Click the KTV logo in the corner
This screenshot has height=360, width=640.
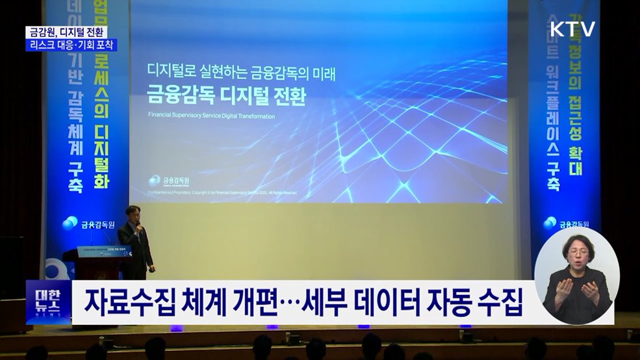click(572, 29)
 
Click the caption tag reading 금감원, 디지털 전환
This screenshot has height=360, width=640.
click(67, 32)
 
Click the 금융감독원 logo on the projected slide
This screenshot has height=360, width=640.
click(168, 181)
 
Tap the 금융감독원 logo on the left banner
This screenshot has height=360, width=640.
click(89, 224)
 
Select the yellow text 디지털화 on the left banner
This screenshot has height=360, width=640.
click(100, 157)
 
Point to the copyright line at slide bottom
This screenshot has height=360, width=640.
click(223, 193)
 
